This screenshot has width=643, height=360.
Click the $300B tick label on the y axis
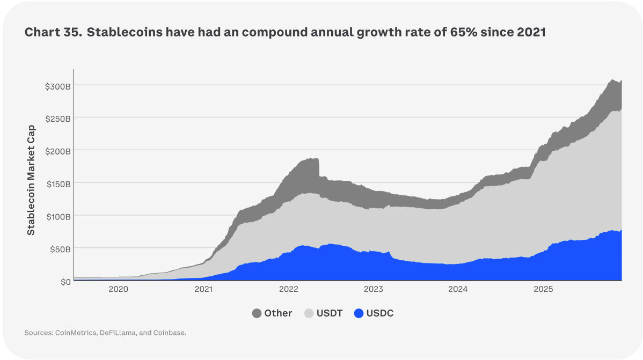click(x=57, y=86)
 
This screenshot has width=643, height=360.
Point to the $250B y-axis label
click(x=57, y=119)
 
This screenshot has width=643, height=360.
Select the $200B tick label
click(x=57, y=151)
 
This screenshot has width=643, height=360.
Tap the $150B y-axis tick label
click(x=57, y=184)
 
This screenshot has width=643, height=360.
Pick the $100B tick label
click(x=57, y=217)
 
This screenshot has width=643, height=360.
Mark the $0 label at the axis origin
click(x=65, y=282)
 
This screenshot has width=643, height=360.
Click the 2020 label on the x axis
click(x=118, y=290)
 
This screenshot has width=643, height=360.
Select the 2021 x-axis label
click(x=203, y=290)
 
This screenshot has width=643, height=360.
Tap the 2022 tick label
click(x=288, y=290)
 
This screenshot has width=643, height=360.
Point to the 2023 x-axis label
click(x=373, y=290)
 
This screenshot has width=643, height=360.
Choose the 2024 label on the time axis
click(x=458, y=290)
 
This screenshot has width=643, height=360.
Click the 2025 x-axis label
click(x=543, y=290)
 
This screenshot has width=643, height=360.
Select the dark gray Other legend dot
click(x=257, y=313)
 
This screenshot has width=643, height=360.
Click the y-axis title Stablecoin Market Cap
click(x=31, y=180)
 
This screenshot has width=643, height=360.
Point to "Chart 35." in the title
click(x=53, y=32)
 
